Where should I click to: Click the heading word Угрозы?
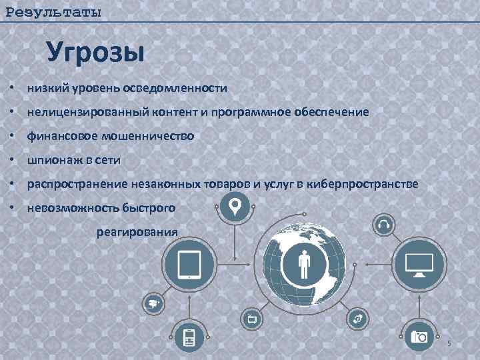coord(95,52)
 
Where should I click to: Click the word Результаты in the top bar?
coord(53,12)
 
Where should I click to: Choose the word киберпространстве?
coord(363,185)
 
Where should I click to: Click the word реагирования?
coord(137,232)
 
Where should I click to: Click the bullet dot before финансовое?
coord(12,137)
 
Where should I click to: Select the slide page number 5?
coord(449,343)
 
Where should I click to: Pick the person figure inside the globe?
coord(305,265)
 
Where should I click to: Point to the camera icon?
coord(419,336)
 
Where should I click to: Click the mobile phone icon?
coord(189,337)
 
